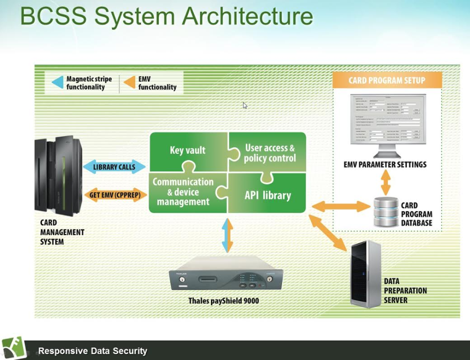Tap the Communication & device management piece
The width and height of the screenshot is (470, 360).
[x=183, y=192]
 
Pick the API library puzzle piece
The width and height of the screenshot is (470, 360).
[x=267, y=195]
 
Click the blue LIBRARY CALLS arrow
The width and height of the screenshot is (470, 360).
[x=114, y=167]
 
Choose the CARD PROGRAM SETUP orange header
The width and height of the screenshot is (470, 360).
[x=387, y=80]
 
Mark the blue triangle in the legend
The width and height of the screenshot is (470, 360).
[x=58, y=83]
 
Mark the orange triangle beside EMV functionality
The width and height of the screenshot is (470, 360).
[x=129, y=83]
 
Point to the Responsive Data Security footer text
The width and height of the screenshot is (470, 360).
[x=93, y=351]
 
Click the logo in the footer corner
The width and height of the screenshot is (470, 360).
[x=14, y=348]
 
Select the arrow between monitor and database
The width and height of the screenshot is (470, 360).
[x=385, y=183]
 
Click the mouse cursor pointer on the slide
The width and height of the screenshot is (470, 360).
[x=245, y=105]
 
